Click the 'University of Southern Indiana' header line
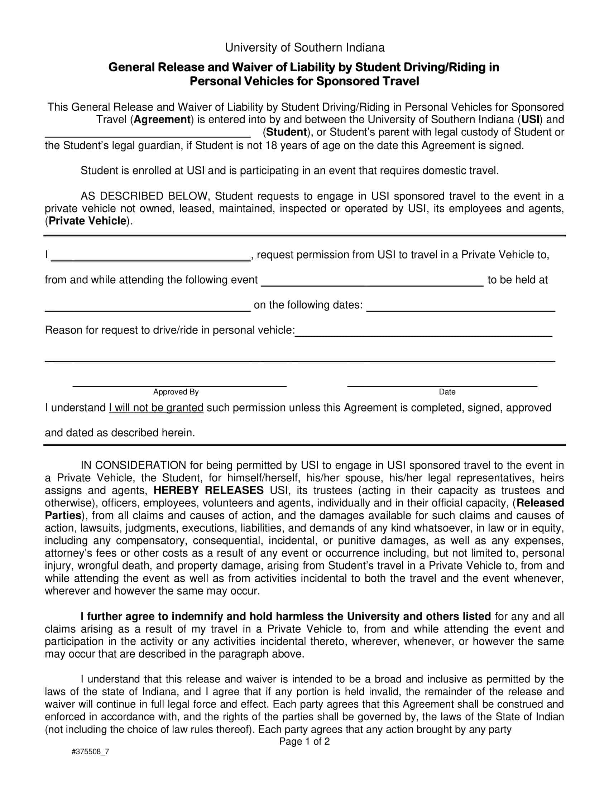tap(304, 48)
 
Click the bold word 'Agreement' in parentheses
tap(162, 119)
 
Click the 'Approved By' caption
tap(176, 392)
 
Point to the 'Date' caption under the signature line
tap(447, 392)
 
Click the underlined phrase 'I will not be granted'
tap(156, 408)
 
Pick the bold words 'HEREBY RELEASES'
tap(208, 490)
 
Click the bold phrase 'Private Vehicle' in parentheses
tap(88, 221)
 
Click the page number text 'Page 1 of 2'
tap(304, 741)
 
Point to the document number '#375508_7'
tap(90, 751)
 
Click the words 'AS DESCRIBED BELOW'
tap(145, 196)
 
